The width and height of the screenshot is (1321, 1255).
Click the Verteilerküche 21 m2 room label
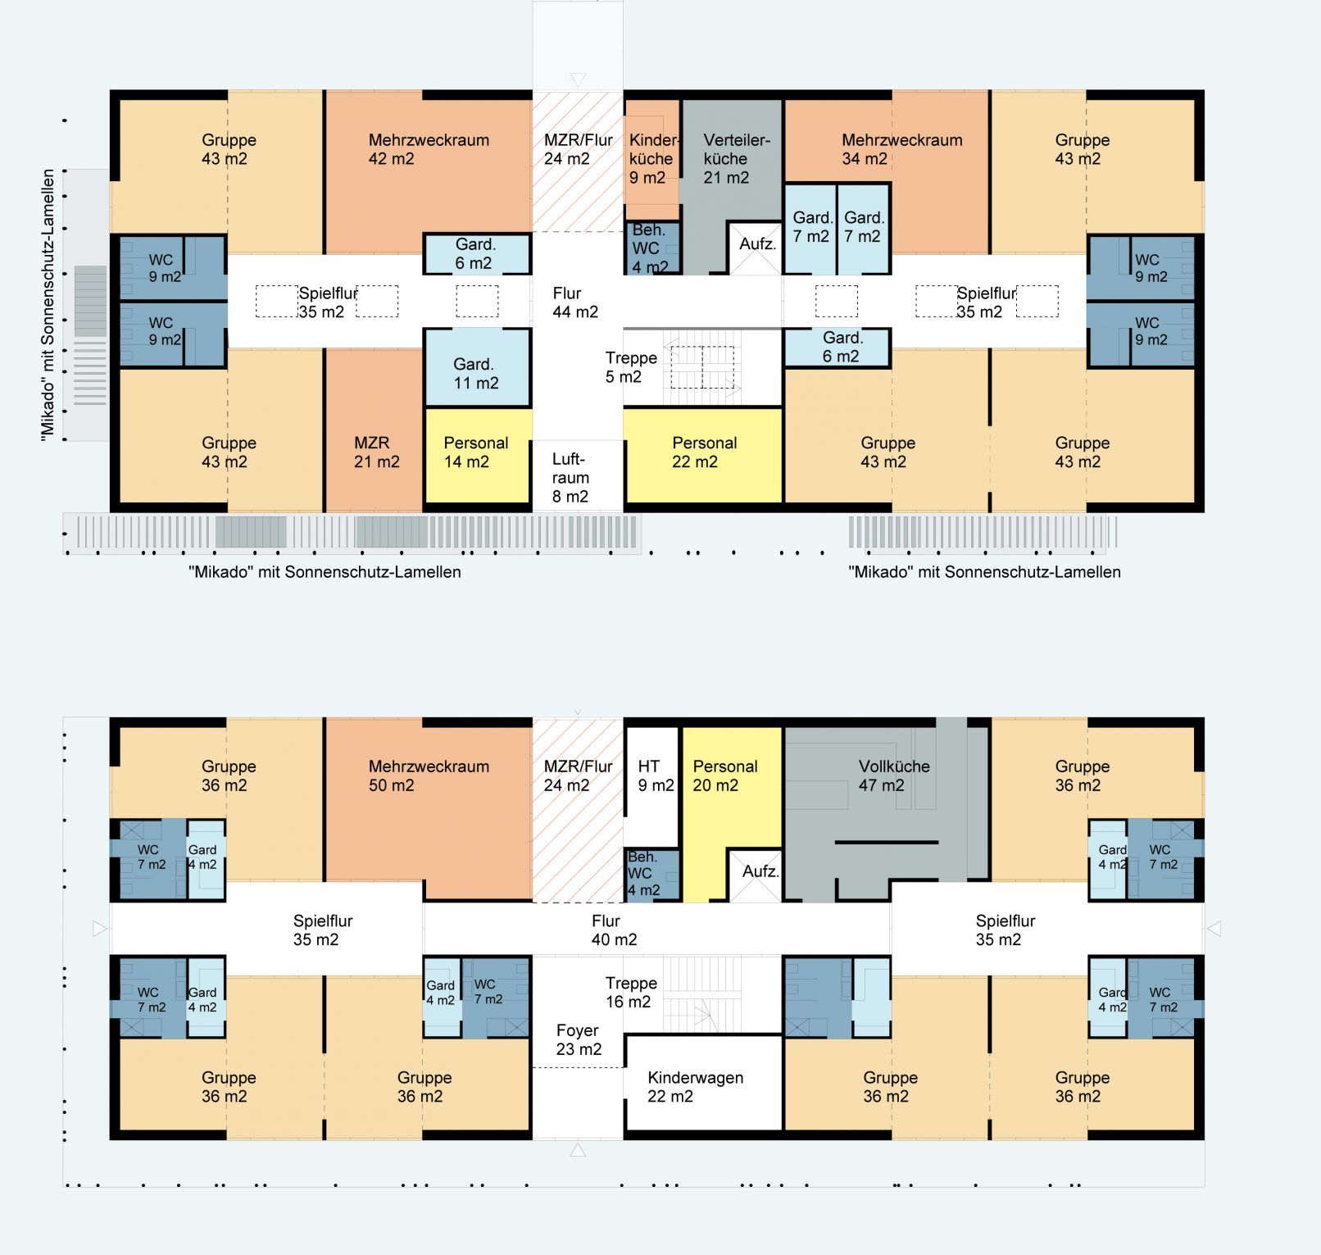pyautogui.click(x=737, y=158)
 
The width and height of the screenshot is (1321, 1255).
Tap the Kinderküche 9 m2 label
pyautogui.click(x=653, y=158)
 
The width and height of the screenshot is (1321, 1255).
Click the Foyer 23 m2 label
pyautogui.click(x=578, y=1039)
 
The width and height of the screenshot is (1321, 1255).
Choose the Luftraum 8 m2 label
pyautogui.click(x=570, y=477)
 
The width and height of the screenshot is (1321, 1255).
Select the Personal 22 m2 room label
pyautogui.click(x=704, y=452)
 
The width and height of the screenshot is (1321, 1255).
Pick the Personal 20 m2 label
pyautogui.click(x=724, y=775)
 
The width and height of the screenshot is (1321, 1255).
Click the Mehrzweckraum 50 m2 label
pyautogui.click(x=429, y=775)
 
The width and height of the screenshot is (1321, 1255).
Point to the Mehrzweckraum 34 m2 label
pyautogui.click(x=901, y=149)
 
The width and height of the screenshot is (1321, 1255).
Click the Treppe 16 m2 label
pyautogui.click(x=631, y=992)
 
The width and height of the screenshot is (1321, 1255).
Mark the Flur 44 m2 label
pyautogui.click(x=574, y=302)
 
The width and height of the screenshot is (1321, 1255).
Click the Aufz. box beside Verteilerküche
pyautogui.click(x=755, y=248)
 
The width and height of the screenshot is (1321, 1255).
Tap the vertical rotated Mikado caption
pyautogui.click(x=48, y=305)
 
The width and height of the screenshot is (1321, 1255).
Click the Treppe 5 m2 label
pyautogui.click(x=631, y=367)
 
